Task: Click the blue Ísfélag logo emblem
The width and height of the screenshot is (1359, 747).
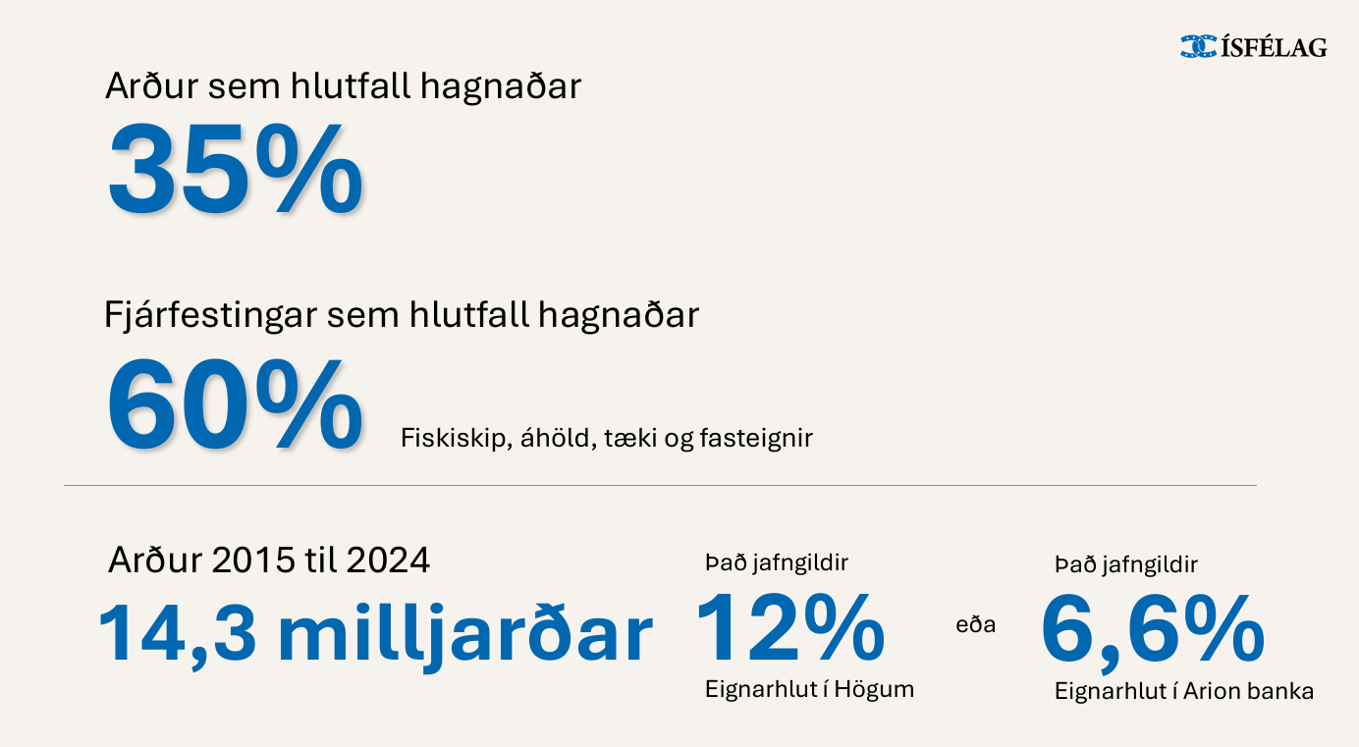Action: coord(1198,47)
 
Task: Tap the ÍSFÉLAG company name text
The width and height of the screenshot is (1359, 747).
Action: coord(1274,46)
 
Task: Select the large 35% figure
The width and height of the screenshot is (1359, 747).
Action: coord(236,169)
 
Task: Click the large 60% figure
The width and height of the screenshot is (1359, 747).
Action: coord(235,404)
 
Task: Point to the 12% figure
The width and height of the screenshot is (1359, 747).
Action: coord(789,628)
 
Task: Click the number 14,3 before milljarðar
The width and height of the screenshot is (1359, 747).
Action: coord(177,633)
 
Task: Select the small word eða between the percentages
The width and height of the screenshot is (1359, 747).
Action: coord(976,624)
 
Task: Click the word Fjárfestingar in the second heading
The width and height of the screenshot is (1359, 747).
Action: coord(210,315)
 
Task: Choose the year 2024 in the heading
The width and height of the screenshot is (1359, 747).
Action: coord(388,560)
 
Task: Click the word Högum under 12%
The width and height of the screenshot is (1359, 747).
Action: coord(874,690)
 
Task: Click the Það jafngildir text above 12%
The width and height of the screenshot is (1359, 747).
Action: coord(777,563)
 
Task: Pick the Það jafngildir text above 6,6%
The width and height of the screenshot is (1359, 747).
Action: coord(1126,565)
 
